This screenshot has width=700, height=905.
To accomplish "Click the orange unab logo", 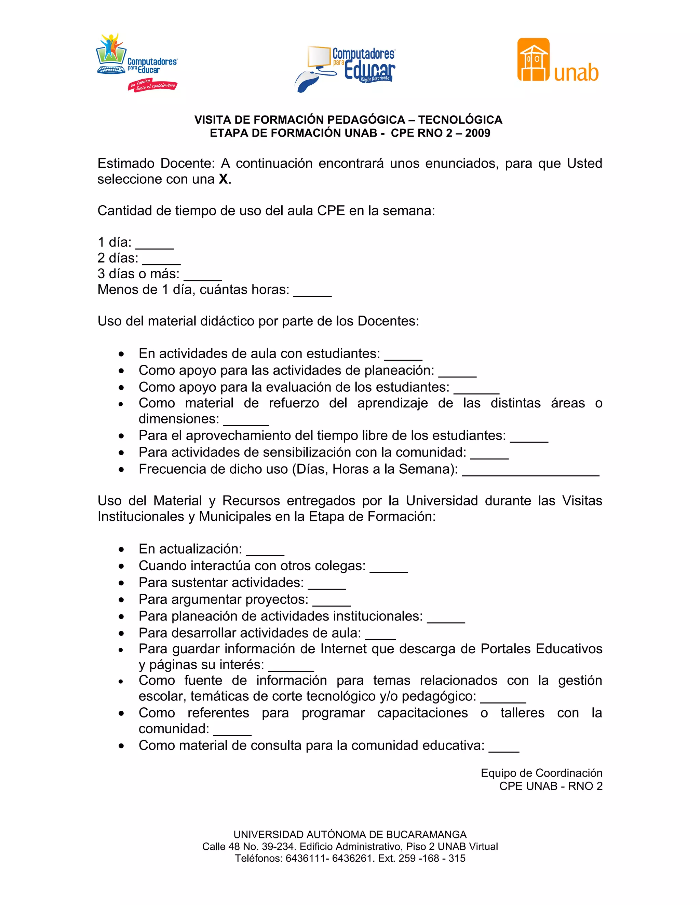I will click(558, 60).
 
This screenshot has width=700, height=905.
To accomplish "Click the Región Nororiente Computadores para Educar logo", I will click(346, 68).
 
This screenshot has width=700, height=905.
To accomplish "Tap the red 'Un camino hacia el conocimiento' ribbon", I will click(152, 86).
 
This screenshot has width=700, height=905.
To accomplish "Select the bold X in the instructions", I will click(224, 179).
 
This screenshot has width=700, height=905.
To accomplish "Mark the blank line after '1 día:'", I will click(155, 245).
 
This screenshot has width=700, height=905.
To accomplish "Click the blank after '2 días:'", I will click(161, 261).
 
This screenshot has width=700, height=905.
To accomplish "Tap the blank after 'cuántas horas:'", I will click(312, 292).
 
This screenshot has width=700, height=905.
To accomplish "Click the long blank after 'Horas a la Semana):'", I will click(530, 472).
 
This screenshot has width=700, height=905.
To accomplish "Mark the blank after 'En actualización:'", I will click(265, 552).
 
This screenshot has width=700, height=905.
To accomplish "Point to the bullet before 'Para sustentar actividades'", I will click(121, 583).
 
